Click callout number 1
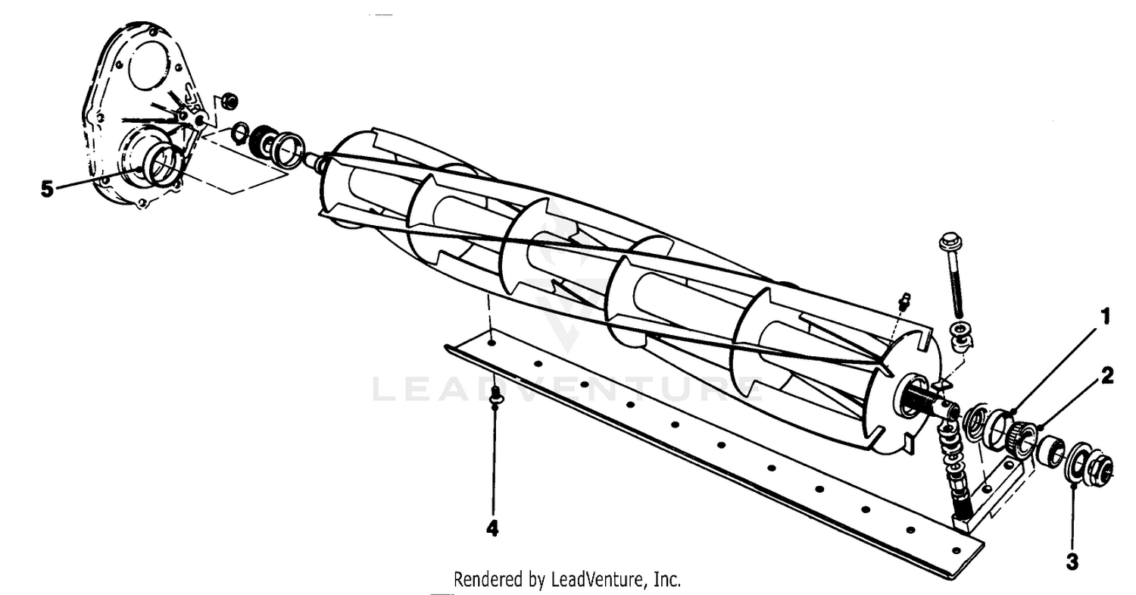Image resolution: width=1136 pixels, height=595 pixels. coord(1105,317)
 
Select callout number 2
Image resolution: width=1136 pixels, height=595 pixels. coord(1107,376)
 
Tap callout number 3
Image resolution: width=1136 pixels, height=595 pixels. coord(1072,562)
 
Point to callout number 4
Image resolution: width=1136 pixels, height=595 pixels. coord(492,528)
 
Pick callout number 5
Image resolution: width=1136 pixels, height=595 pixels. coord(47,189)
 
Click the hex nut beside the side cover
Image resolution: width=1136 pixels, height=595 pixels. coord(230,101)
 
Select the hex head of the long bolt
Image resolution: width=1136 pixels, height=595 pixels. coord(947,243)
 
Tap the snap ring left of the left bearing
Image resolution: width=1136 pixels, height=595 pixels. coord(239,133)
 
